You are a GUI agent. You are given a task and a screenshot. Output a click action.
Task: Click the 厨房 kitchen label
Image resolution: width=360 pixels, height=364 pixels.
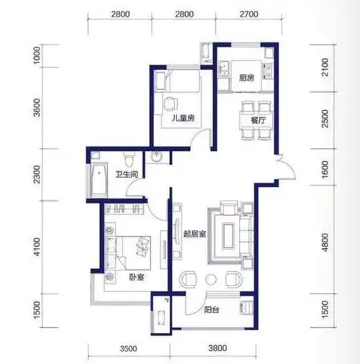tap(246, 78)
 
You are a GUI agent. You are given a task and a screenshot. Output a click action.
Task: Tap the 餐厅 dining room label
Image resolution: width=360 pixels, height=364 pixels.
tap(258, 120)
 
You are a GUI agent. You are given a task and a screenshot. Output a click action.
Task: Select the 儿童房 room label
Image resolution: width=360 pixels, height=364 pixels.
tap(183, 118)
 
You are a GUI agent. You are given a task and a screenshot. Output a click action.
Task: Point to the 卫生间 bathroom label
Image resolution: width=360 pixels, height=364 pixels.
tap(127, 174)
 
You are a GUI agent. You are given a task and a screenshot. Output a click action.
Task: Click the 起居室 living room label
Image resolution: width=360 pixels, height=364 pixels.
tap(195, 234)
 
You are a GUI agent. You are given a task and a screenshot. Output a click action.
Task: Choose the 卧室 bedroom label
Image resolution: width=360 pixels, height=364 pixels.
tap(137, 278)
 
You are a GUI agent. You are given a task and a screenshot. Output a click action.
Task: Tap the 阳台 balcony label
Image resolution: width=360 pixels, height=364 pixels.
tap(212, 310)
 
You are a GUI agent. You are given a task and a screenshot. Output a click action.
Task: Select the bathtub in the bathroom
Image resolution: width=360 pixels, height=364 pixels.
tap(99, 180)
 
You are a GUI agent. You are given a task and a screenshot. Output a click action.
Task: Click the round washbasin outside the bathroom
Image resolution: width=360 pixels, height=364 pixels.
tap(157, 158)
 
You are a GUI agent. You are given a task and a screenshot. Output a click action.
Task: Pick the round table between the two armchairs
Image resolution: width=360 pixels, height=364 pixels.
tap(211, 279)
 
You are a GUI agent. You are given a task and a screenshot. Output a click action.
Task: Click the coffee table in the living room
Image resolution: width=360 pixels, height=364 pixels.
tap(228, 235)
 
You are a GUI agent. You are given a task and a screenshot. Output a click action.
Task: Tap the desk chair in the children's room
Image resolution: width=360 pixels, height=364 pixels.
tap(171, 104)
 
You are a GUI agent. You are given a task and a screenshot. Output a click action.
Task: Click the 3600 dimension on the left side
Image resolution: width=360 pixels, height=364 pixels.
tap(37, 107)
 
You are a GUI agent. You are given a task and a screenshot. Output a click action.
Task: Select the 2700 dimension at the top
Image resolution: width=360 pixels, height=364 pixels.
tap(249, 14)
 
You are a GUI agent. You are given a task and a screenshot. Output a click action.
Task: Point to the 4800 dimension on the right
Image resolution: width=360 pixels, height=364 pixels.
tap(325, 242)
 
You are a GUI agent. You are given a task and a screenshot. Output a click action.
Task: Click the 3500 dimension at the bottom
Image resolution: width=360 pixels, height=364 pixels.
tap(129, 348)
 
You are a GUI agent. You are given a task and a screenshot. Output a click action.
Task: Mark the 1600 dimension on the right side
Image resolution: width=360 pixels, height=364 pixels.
tap(325, 169)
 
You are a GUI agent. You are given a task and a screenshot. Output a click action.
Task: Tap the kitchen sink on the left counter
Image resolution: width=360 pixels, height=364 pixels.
tap(224, 68)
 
